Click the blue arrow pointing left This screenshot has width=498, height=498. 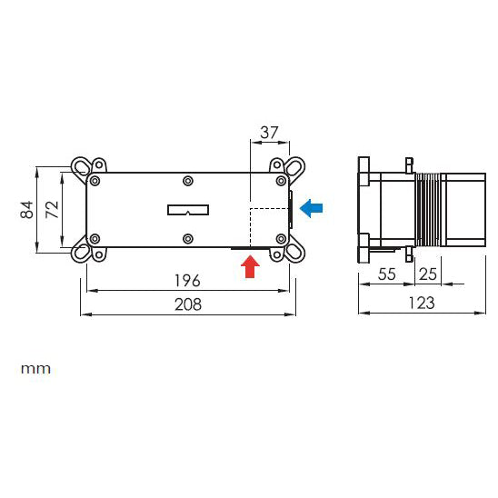tap(311, 209)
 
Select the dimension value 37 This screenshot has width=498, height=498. tap(269, 132)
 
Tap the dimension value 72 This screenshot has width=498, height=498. tap(53, 209)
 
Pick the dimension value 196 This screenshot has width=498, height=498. tap(189, 280)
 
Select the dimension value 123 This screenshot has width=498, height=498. tap(421, 303)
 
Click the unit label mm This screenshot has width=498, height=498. tap(36, 369)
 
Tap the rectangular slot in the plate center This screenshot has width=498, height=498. tap(188, 210)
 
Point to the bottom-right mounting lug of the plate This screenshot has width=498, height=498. tap(294, 252)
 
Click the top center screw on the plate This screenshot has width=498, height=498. tap(187, 180)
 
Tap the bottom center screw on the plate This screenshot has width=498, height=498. tap(187, 239)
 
